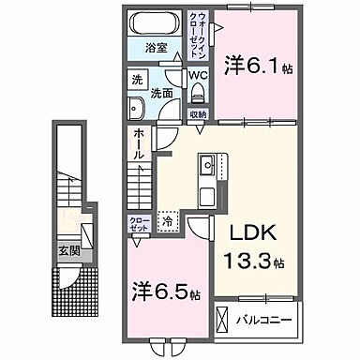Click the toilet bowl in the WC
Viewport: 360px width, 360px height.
[x=198, y=94]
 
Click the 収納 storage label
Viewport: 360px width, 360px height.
[x=197, y=113]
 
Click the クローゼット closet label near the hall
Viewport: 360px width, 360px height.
[x=138, y=224]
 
